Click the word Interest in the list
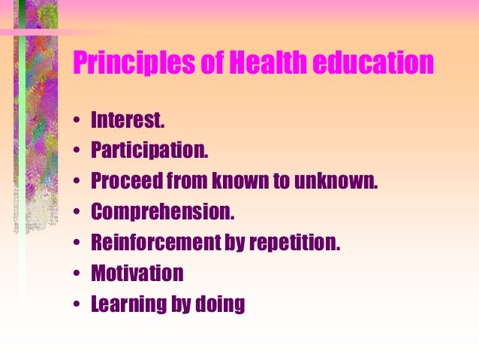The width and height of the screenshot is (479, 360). point(125,120)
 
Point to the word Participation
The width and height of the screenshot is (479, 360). point(148,151)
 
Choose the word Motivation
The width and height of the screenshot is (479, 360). point(137,274)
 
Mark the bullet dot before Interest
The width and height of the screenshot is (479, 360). point(77,121)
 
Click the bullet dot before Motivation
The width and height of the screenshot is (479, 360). point(77,274)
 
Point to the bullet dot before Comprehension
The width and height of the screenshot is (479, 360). point(77,213)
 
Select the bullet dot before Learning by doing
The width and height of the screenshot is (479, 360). point(77,305)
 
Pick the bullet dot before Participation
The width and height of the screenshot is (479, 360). point(77,152)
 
